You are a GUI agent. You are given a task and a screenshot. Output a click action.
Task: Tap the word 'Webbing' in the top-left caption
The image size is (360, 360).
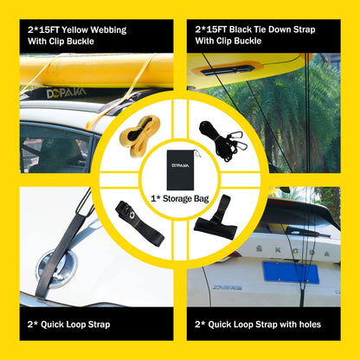coord(105,29)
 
